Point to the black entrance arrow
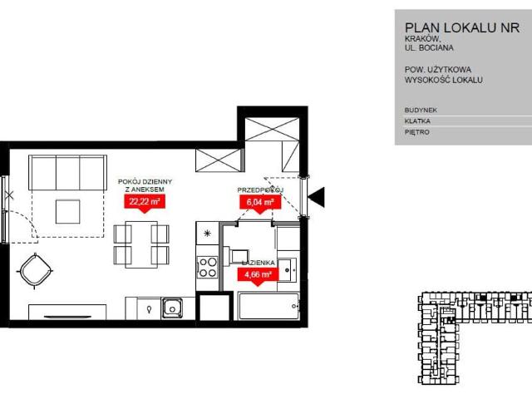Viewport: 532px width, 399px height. (x=316, y=197)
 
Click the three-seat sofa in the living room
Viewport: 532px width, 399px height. (x=68, y=173)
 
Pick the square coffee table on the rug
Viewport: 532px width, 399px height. (x=68, y=212)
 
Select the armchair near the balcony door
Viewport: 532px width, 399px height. (x=35, y=271)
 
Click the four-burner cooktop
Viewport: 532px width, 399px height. (x=208, y=268)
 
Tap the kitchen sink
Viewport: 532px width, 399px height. (x=172, y=308)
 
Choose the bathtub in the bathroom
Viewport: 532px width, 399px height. (x=268, y=307)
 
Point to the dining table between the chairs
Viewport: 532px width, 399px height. (x=141, y=244)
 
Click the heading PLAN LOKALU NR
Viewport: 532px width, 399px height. (x=462, y=27)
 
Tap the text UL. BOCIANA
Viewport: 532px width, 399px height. (x=429, y=48)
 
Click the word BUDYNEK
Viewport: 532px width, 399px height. (x=421, y=111)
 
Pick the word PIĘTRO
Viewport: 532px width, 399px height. (x=417, y=132)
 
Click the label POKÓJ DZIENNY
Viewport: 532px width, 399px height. (x=145, y=182)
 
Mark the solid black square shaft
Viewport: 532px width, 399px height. (x=214, y=308)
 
